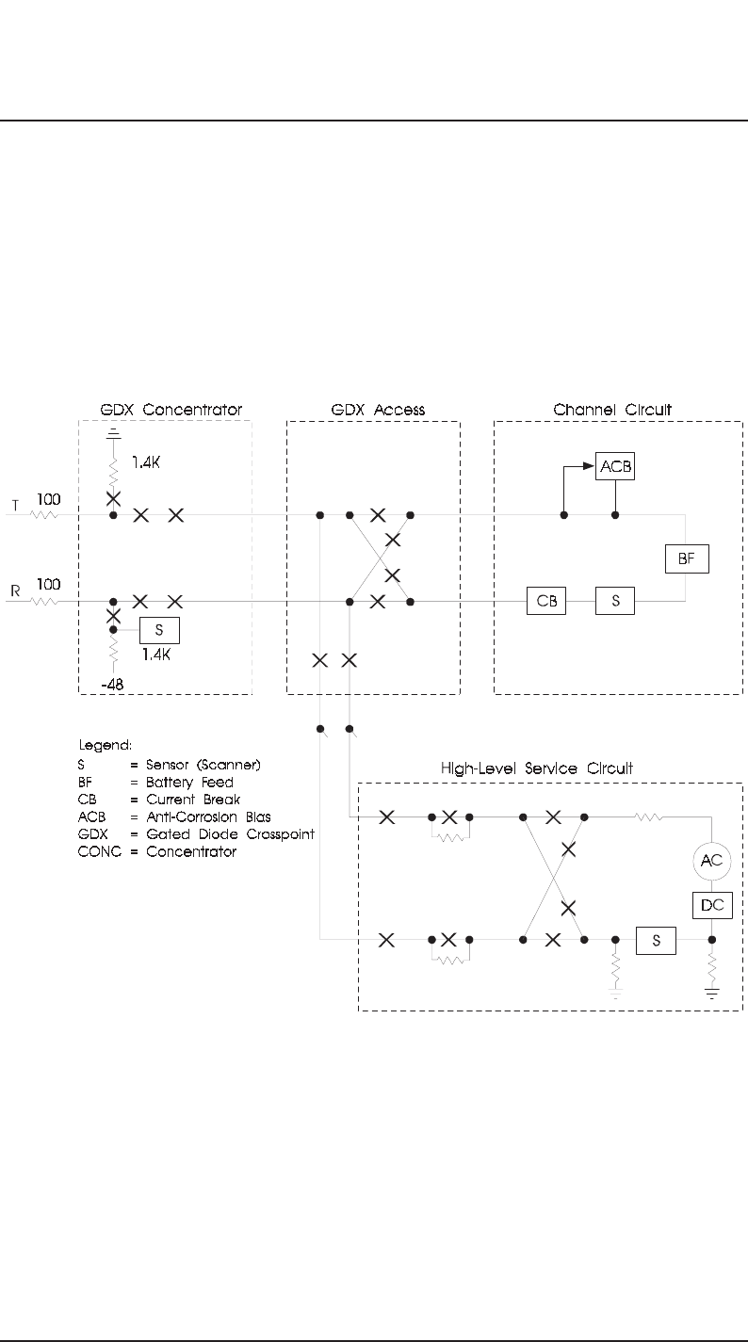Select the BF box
tap(685, 558)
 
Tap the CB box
tap(545, 601)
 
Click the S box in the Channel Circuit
tap(615, 601)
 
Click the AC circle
tap(711, 861)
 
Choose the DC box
tap(711, 904)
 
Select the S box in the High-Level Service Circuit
tap(656, 940)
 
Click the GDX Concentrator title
tap(171, 411)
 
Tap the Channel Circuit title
tap(619, 411)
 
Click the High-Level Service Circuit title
tap(537, 768)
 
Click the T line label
tap(14, 506)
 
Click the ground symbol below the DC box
tap(712, 993)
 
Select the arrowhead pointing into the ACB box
tap(589, 465)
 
